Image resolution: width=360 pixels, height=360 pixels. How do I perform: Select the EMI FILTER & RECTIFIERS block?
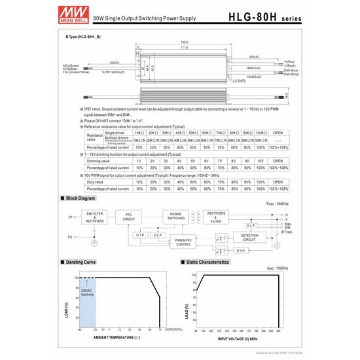click(95, 217)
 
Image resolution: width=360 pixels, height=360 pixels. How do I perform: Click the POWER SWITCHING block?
click(177, 217)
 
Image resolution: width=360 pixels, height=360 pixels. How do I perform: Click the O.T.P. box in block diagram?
click(140, 234)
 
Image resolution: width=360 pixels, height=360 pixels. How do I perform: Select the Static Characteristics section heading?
click(207, 262)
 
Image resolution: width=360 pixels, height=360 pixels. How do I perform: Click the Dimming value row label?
click(98, 160)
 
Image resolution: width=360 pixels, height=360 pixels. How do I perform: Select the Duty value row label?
click(97, 181)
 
